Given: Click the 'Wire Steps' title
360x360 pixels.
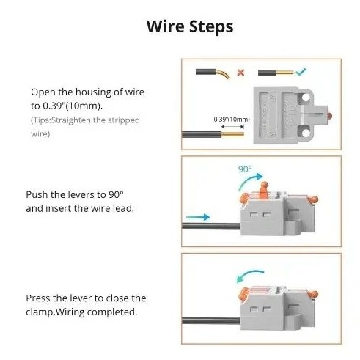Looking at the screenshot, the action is tap(190, 26).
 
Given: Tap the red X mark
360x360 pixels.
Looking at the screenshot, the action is tap(240, 73).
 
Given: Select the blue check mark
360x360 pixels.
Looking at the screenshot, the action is tap(301, 72).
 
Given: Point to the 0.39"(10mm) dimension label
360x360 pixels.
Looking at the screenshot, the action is tap(232, 120).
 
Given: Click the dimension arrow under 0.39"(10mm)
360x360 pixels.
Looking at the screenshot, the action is tap(232, 127).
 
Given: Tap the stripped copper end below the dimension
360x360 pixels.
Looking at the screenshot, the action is tap(232, 134).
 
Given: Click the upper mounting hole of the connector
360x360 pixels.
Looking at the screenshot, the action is tap(306, 98).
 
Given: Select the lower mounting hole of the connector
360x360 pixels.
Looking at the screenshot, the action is tap(306, 133).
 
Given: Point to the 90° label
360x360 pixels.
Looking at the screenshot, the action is tap(245, 169).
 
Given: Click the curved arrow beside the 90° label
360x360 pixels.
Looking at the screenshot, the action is tap(249, 181).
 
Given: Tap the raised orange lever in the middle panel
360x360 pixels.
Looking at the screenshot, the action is tap(264, 190).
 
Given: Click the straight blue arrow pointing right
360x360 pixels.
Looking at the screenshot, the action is tap(198, 217).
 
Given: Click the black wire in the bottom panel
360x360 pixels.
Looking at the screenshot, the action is tap(210, 320).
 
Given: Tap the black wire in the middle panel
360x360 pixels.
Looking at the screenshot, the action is tap(210, 226).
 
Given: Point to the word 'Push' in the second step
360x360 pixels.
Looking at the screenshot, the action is tap(37, 195).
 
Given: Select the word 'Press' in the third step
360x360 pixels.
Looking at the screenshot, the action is tap(38, 298).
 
